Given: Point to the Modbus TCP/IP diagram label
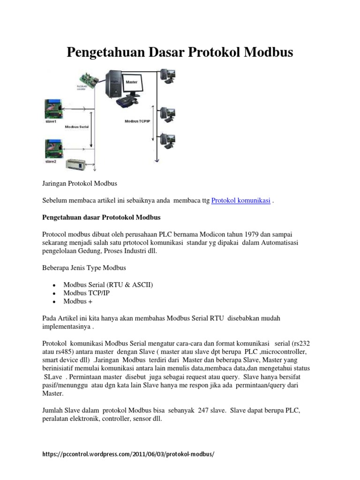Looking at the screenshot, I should [x=137, y=121].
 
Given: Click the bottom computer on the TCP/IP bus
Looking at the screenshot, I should [x=167, y=141].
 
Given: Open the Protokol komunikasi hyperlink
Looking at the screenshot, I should [x=240, y=201].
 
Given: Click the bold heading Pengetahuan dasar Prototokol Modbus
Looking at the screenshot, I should [x=101, y=218].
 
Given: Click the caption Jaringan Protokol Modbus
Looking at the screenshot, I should [x=79, y=183].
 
